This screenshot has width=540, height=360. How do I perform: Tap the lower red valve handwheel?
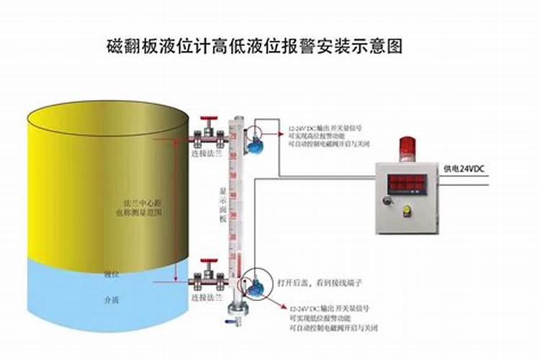210,259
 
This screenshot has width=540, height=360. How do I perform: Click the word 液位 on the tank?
111,274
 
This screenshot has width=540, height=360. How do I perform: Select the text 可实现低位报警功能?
317,318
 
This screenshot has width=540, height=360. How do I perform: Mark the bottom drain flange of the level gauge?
235,312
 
